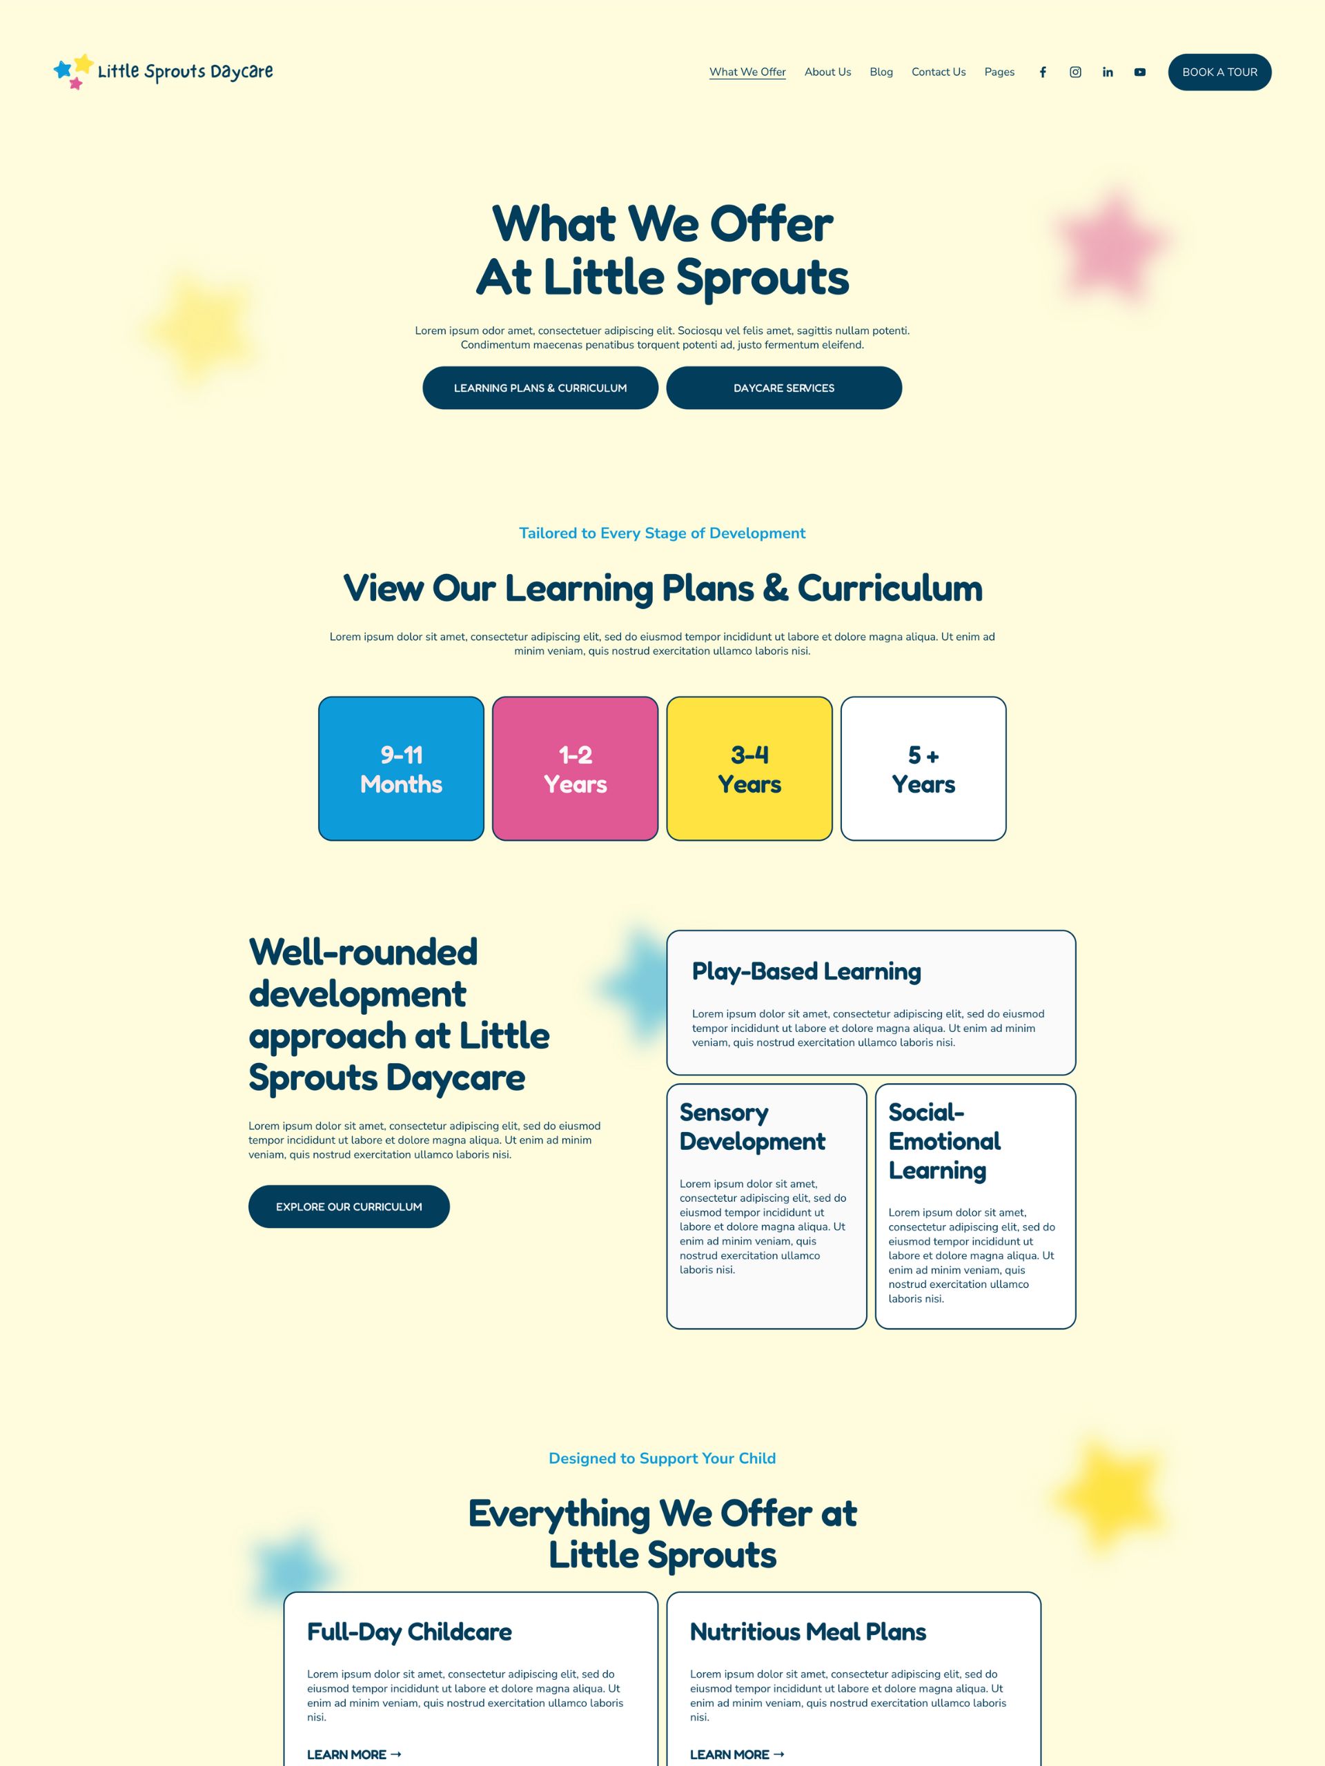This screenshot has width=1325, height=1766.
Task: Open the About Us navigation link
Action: [x=827, y=72]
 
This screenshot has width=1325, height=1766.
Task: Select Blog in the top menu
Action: [x=881, y=72]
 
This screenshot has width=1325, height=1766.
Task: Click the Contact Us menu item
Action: [x=939, y=72]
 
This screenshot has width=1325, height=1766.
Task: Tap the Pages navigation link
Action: [x=999, y=72]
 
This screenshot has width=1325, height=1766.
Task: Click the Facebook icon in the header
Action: [x=1042, y=72]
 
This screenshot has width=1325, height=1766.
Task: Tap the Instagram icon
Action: [x=1075, y=72]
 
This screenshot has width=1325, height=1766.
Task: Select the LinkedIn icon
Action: [x=1108, y=72]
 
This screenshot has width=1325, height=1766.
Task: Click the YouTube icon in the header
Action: [x=1140, y=72]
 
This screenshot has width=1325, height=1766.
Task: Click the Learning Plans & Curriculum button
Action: [x=540, y=388]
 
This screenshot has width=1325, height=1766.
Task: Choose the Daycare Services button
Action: [x=783, y=388]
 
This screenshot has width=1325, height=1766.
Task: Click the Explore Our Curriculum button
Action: [x=349, y=1207]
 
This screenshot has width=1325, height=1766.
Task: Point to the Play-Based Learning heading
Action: [x=806, y=971]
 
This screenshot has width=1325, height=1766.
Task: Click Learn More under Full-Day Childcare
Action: [x=354, y=1754]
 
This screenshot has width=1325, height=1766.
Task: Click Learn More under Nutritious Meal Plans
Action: [x=736, y=1754]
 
